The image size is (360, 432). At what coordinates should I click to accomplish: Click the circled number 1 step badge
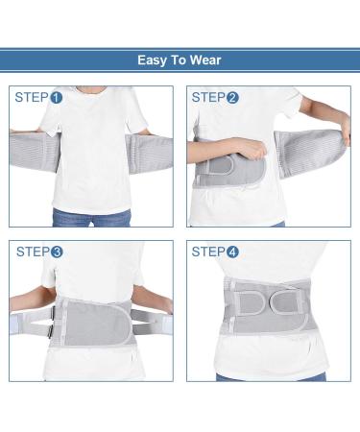(57, 97)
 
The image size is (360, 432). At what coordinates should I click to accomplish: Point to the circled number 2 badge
(232, 97)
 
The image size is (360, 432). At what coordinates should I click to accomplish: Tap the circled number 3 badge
(57, 252)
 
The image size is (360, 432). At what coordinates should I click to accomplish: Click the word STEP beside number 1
(32, 97)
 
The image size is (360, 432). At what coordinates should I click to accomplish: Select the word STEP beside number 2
(207, 97)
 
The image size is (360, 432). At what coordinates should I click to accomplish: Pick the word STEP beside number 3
(32, 252)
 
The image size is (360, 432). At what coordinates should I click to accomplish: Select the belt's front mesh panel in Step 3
(92, 323)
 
